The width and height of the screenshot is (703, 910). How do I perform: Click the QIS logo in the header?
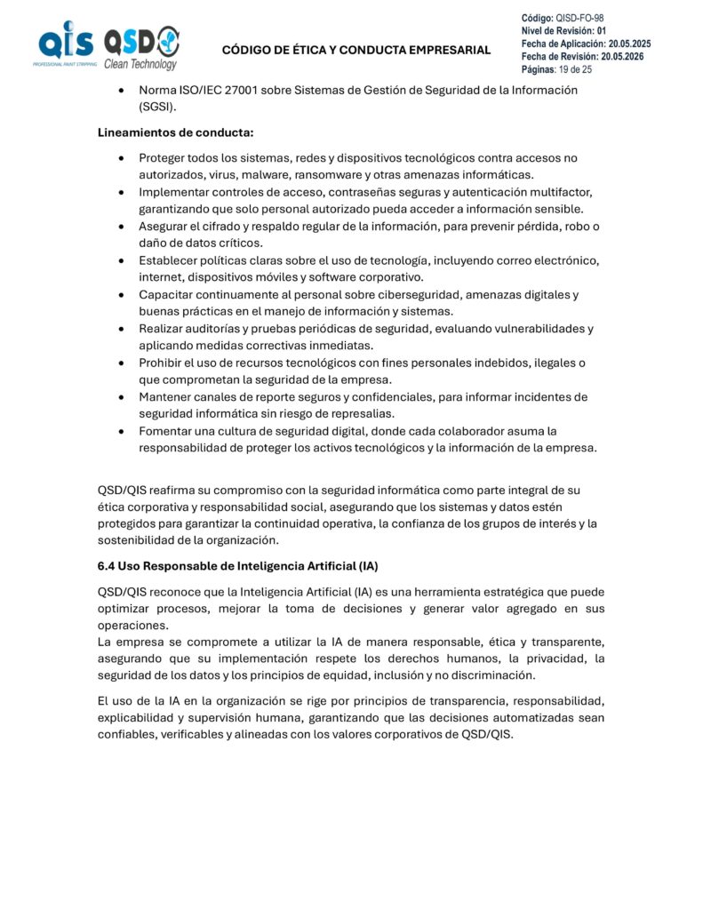pos(65,45)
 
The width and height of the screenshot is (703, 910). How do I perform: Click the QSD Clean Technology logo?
pos(141,48)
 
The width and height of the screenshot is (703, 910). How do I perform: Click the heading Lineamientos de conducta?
pos(175,133)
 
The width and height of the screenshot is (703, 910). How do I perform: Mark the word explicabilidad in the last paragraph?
pos(141,718)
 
